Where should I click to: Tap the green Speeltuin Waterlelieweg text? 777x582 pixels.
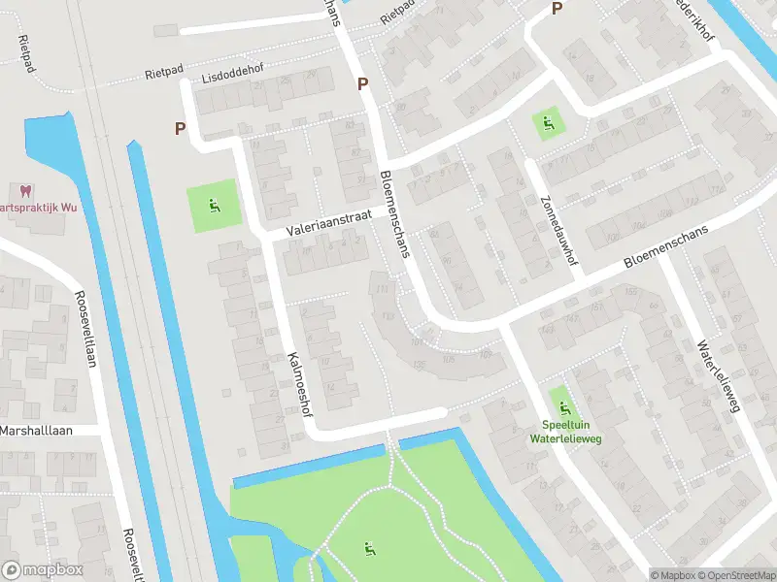click(x=560, y=431)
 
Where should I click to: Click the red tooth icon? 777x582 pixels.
click(x=25, y=191)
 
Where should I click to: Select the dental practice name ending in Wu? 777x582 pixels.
click(x=39, y=208)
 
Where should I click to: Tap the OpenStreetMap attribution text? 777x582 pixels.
click(x=736, y=574)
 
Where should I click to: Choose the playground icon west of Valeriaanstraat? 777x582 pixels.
click(x=213, y=205)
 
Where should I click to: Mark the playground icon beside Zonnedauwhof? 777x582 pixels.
click(x=548, y=123)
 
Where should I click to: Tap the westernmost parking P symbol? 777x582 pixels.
click(x=180, y=127)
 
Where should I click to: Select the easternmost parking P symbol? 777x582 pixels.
click(x=557, y=9)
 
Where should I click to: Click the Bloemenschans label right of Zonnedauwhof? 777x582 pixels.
click(x=667, y=245)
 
